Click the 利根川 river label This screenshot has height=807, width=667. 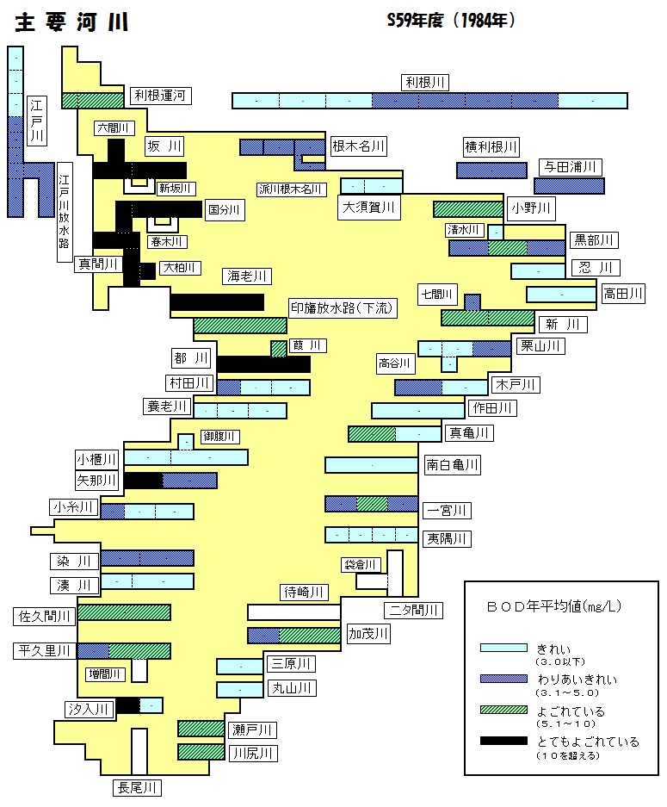point(425,83)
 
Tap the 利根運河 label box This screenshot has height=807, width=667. point(160,96)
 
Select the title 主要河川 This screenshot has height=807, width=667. point(71,22)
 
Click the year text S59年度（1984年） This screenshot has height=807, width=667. point(451,20)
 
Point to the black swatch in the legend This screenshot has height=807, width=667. point(503,741)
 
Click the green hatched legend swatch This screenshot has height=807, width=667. point(503,710)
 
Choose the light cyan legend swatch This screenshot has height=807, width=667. point(503,648)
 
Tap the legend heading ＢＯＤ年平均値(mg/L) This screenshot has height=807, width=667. point(554,606)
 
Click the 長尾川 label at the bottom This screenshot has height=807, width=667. point(137,787)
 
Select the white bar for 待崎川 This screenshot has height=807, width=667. point(294,612)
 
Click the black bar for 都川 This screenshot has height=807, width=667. point(263,364)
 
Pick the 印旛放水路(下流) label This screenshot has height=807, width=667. point(342,308)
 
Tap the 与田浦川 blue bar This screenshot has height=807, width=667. point(569,186)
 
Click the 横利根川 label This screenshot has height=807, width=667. point(491,147)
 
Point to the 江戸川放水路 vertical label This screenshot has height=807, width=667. point(65,212)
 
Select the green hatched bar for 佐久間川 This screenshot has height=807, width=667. point(124,612)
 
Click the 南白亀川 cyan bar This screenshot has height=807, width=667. point(371,465)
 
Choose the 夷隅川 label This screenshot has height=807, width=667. point(447,539)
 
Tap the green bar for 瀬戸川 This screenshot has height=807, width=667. point(201,729)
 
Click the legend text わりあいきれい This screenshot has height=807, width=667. point(577,680)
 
